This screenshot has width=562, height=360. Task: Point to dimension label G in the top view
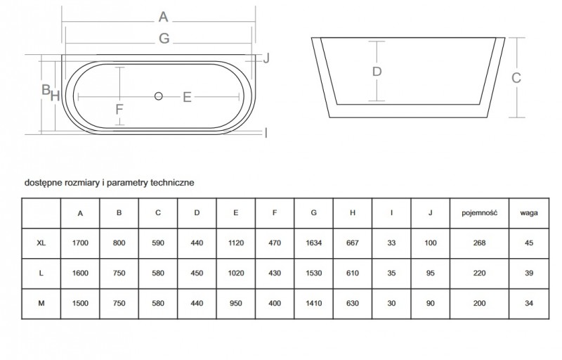tap(164, 39)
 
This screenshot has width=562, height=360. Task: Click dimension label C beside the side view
tap(516, 79)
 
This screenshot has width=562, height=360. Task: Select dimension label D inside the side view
tap(377, 72)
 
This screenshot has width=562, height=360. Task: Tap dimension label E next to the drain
tap(187, 98)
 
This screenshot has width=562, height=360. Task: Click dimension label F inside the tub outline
tap(119, 109)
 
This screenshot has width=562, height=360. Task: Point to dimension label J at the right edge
tap(266, 59)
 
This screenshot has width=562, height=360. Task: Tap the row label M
tap(41, 303)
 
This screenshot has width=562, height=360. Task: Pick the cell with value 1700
tap(80, 243)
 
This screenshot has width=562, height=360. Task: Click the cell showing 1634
tap(313, 243)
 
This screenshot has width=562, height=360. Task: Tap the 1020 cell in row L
tap(235, 273)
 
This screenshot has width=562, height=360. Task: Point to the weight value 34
tap(528, 303)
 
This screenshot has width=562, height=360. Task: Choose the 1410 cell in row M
tap(313, 303)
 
